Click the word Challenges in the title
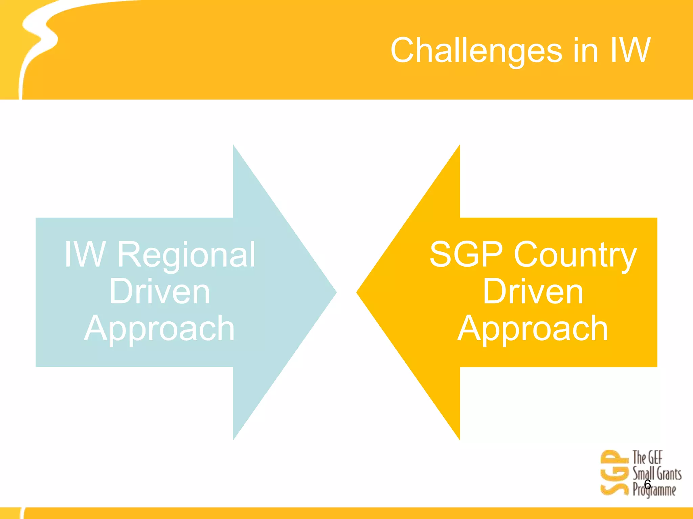(x=476, y=51)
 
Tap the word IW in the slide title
(x=630, y=51)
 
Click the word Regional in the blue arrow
(x=186, y=255)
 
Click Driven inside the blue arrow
(x=160, y=292)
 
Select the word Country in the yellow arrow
(x=575, y=255)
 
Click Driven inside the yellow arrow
(x=533, y=292)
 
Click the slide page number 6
(x=647, y=485)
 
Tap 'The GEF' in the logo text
(x=647, y=458)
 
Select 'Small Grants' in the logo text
(x=657, y=473)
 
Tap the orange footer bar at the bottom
(x=346, y=513)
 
